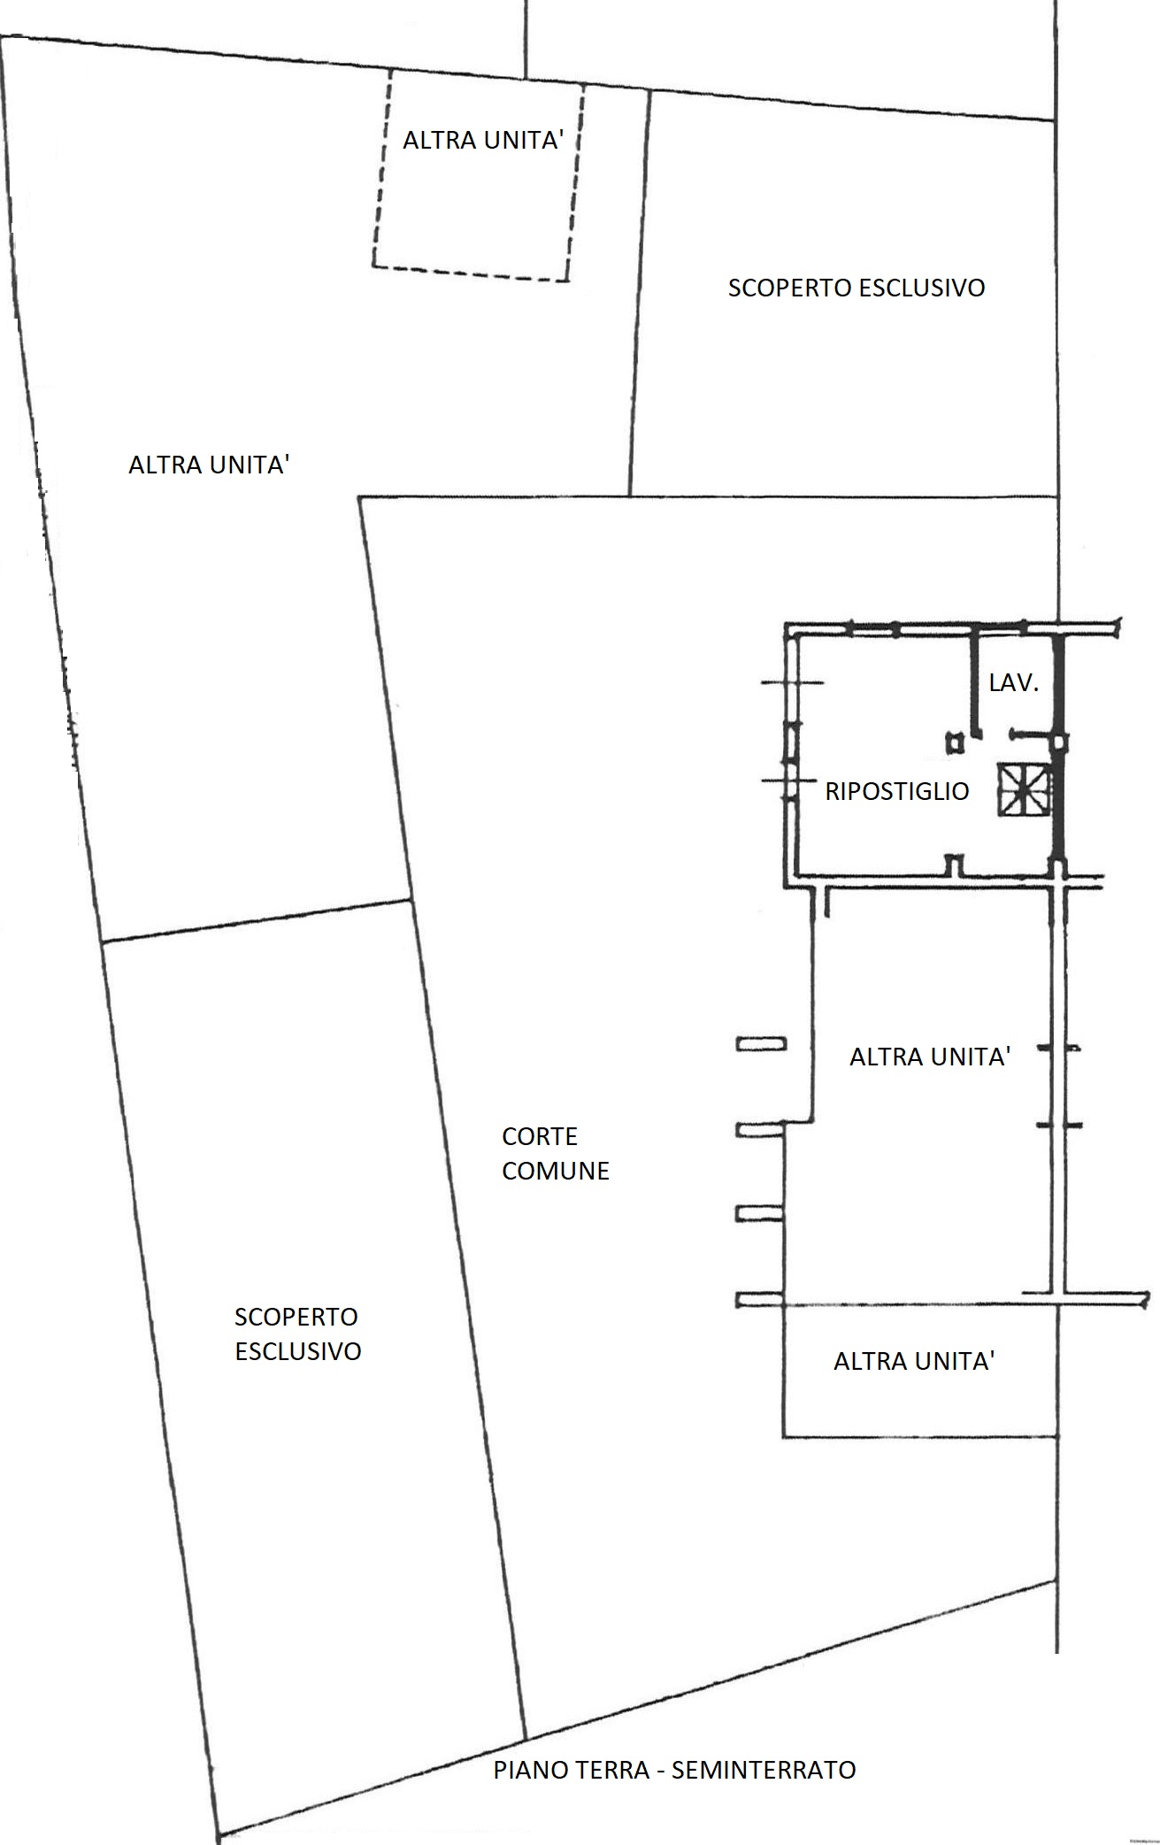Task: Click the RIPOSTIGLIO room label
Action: point(897,791)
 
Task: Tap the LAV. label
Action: point(1013,683)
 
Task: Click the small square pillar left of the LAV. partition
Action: point(954,742)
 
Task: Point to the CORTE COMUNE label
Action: point(556,1153)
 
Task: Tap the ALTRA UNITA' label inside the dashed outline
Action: point(483,140)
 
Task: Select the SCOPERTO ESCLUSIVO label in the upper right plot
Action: point(857,288)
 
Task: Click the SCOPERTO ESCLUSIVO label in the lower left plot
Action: point(298,1334)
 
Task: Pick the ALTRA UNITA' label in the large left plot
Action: point(210,465)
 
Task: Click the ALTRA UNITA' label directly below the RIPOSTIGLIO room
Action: point(930,1057)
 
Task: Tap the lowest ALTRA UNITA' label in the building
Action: point(914,1361)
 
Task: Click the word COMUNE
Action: point(556,1171)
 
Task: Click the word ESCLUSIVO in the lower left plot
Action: point(298,1351)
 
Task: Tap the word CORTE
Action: point(540,1136)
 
